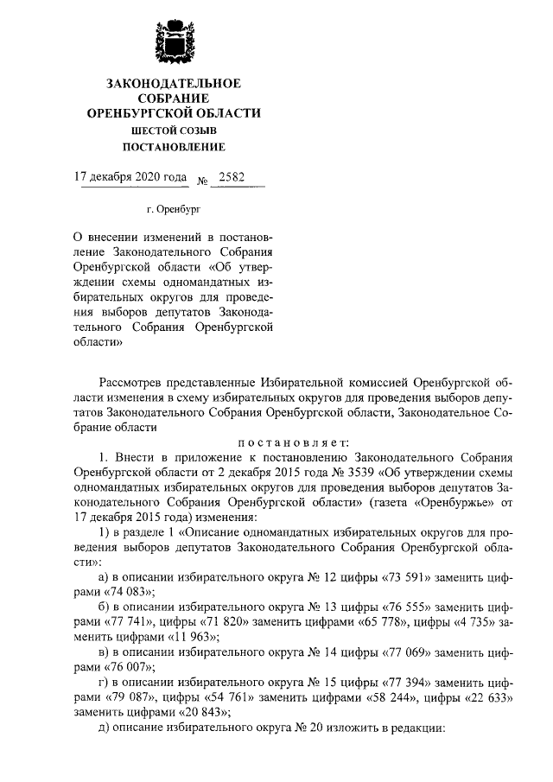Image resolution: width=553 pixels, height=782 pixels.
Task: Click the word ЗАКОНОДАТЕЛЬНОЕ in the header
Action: click(174, 83)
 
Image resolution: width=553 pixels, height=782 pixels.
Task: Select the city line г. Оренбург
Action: click(173, 208)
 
